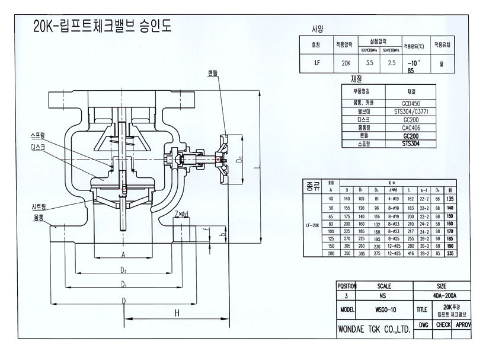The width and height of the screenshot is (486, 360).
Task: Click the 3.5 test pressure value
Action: pos(370,61)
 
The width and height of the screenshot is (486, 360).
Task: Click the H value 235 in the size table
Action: pos(467,253)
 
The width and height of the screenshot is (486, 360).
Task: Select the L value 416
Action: pos(409,253)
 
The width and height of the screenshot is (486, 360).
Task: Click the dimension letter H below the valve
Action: pos(177,314)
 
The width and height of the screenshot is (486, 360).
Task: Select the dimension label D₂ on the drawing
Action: pos(123,270)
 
